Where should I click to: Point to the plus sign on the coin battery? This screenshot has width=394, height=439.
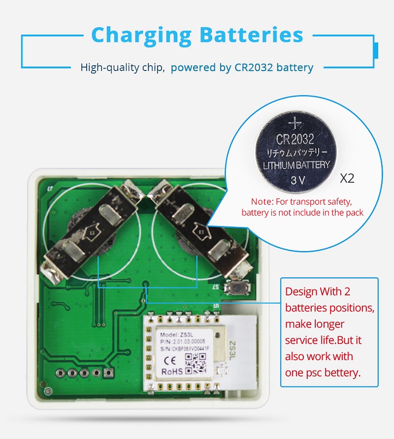click(x=295, y=121)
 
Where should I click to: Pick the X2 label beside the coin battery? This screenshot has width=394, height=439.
click(x=347, y=178)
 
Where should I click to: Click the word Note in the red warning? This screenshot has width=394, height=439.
click(x=261, y=202)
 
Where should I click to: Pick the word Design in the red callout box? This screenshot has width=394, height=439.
click(x=302, y=292)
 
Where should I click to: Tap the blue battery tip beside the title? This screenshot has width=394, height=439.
click(x=376, y=50)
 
